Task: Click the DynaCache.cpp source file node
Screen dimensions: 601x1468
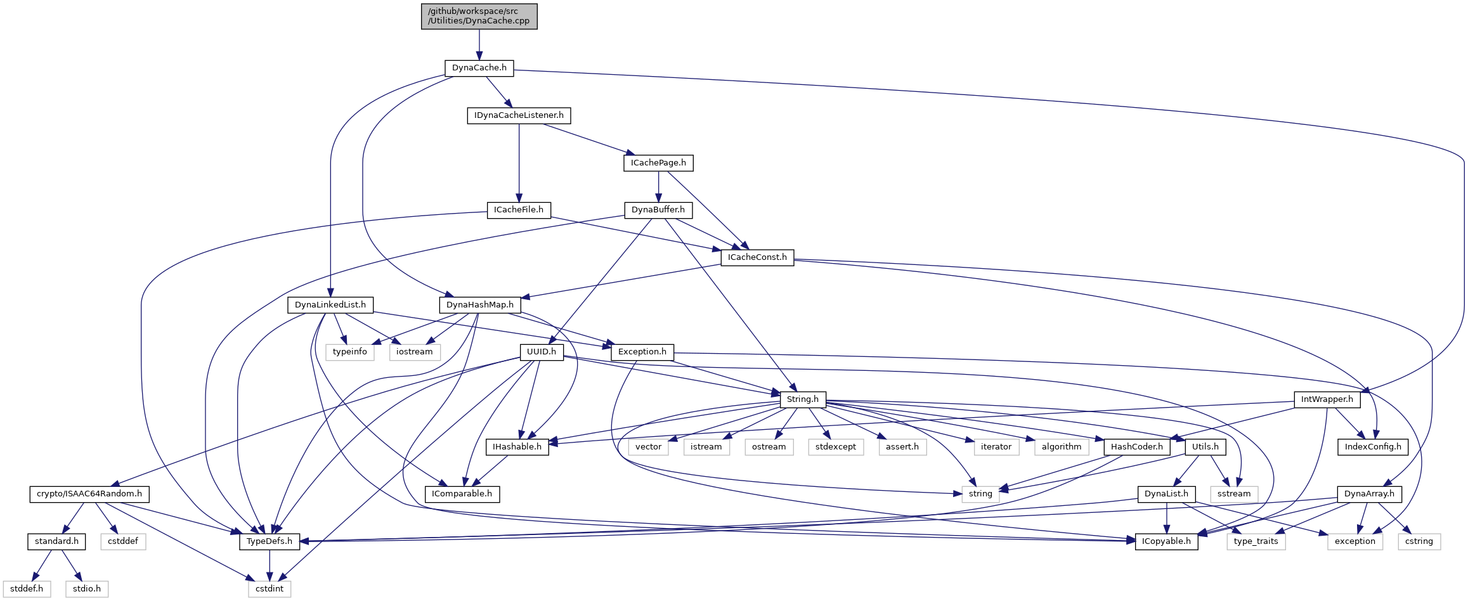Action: [x=479, y=16]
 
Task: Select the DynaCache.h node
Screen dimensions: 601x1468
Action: [x=479, y=68]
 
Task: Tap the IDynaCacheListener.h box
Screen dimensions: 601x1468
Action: [x=519, y=115]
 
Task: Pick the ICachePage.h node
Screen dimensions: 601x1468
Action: [x=658, y=163]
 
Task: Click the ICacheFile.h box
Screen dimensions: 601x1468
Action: [x=519, y=210]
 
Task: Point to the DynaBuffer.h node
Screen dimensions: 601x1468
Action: [x=658, y=210]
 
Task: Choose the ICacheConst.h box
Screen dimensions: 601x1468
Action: [x=757, y=257]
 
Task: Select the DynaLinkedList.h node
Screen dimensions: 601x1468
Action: [x=330, y=305]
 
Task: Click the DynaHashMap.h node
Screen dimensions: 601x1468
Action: [x=480, y=305]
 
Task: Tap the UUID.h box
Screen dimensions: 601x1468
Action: [x=542, y=352]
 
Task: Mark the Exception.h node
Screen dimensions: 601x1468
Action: [x=642, y=352]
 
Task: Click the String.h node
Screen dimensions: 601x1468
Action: [x=803, y=399]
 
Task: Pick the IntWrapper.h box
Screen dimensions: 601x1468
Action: [x=1327, y=399]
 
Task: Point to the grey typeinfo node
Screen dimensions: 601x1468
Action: [x=350, y=352]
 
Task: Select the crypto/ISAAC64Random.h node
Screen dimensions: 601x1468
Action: [x=89, y=494]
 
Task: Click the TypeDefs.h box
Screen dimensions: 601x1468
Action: [x=270, y=541]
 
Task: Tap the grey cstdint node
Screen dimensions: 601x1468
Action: [x=270, y=589]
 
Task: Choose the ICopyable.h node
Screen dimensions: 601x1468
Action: [x=1166, y=541]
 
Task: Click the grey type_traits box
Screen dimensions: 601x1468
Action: [x=1256, y=541]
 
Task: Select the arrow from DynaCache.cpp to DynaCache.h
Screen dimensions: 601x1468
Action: [x=479, y=44]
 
